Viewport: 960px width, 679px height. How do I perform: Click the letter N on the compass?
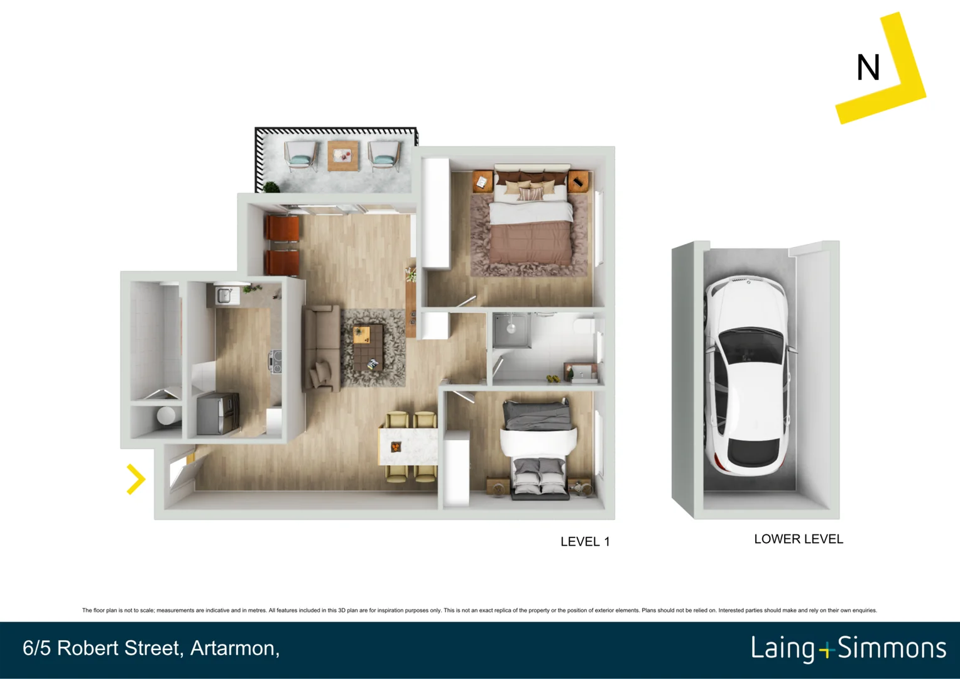(868, 68)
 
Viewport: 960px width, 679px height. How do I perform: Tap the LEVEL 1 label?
(584, 542)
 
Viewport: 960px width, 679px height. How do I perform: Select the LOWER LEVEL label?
(798, 539)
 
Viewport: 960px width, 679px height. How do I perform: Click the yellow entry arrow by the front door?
(136, 479)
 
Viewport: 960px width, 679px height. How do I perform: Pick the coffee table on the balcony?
(343, 156)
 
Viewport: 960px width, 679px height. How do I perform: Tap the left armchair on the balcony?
(301, 157)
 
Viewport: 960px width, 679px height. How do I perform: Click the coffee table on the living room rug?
(368, 343)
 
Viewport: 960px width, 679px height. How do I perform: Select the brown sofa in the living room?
(321, 348)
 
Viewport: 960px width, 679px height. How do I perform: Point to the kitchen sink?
(224, 295)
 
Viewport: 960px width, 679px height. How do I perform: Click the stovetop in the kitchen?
(275, 362)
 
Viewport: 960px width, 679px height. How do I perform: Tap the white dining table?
(408, 446)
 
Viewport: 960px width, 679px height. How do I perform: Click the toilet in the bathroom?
(584, 326)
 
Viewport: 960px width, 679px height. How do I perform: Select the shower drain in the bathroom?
(511, 328)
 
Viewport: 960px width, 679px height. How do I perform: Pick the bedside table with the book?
(482, 182)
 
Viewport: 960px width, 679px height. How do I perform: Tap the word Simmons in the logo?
(892, 648)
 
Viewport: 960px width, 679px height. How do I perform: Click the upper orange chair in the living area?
(282, 228)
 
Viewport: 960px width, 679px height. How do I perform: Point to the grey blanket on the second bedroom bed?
(537, 416)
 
